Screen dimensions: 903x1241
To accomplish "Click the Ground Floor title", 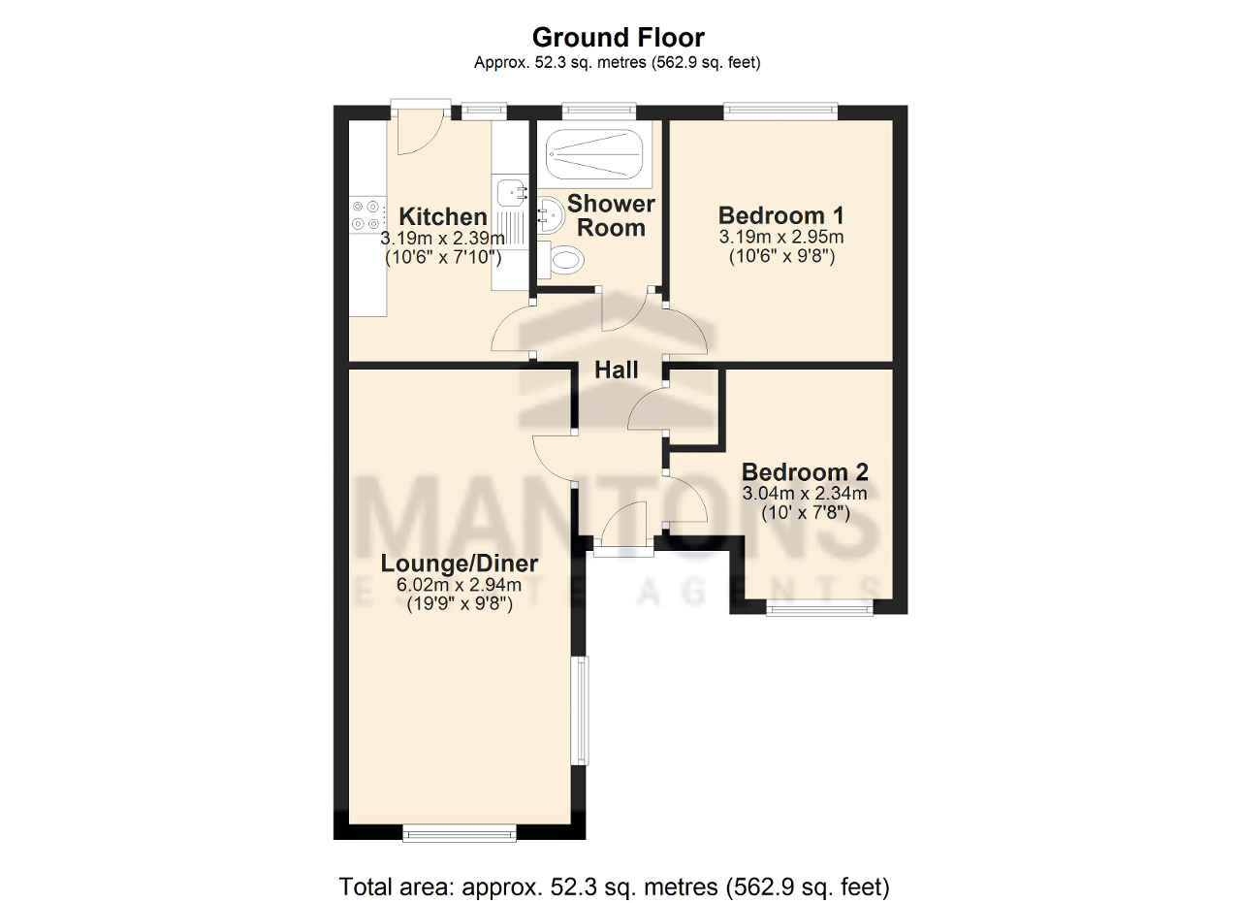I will coord(618,38).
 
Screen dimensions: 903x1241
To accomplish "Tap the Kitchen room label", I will coord(443,216).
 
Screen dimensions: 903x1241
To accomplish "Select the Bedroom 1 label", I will coord(780,214).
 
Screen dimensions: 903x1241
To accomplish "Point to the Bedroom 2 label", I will coord(805,472).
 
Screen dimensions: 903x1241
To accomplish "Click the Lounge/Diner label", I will coord(459,564).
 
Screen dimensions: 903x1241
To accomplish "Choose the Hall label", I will coord(617,370).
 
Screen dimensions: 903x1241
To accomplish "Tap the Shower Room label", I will coord(611,215).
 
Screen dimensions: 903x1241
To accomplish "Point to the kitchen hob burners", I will coord(367,214).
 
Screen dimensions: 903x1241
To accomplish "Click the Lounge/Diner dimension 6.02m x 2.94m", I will coord(459,585).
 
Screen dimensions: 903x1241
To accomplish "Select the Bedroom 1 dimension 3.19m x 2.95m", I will coord(780,237).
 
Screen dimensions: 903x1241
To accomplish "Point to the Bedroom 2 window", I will coord(819,608).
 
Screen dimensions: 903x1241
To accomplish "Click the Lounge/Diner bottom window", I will coord(460,831).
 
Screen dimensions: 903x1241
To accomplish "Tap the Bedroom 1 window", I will coord(780,112).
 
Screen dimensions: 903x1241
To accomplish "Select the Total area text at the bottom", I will coord(614,886).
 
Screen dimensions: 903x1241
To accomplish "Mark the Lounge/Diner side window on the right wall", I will coord(579,710).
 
